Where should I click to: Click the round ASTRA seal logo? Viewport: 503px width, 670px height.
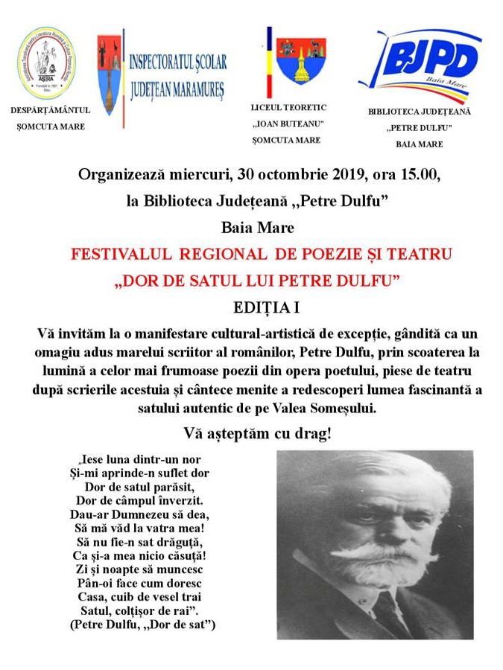[x=46, y=64]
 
